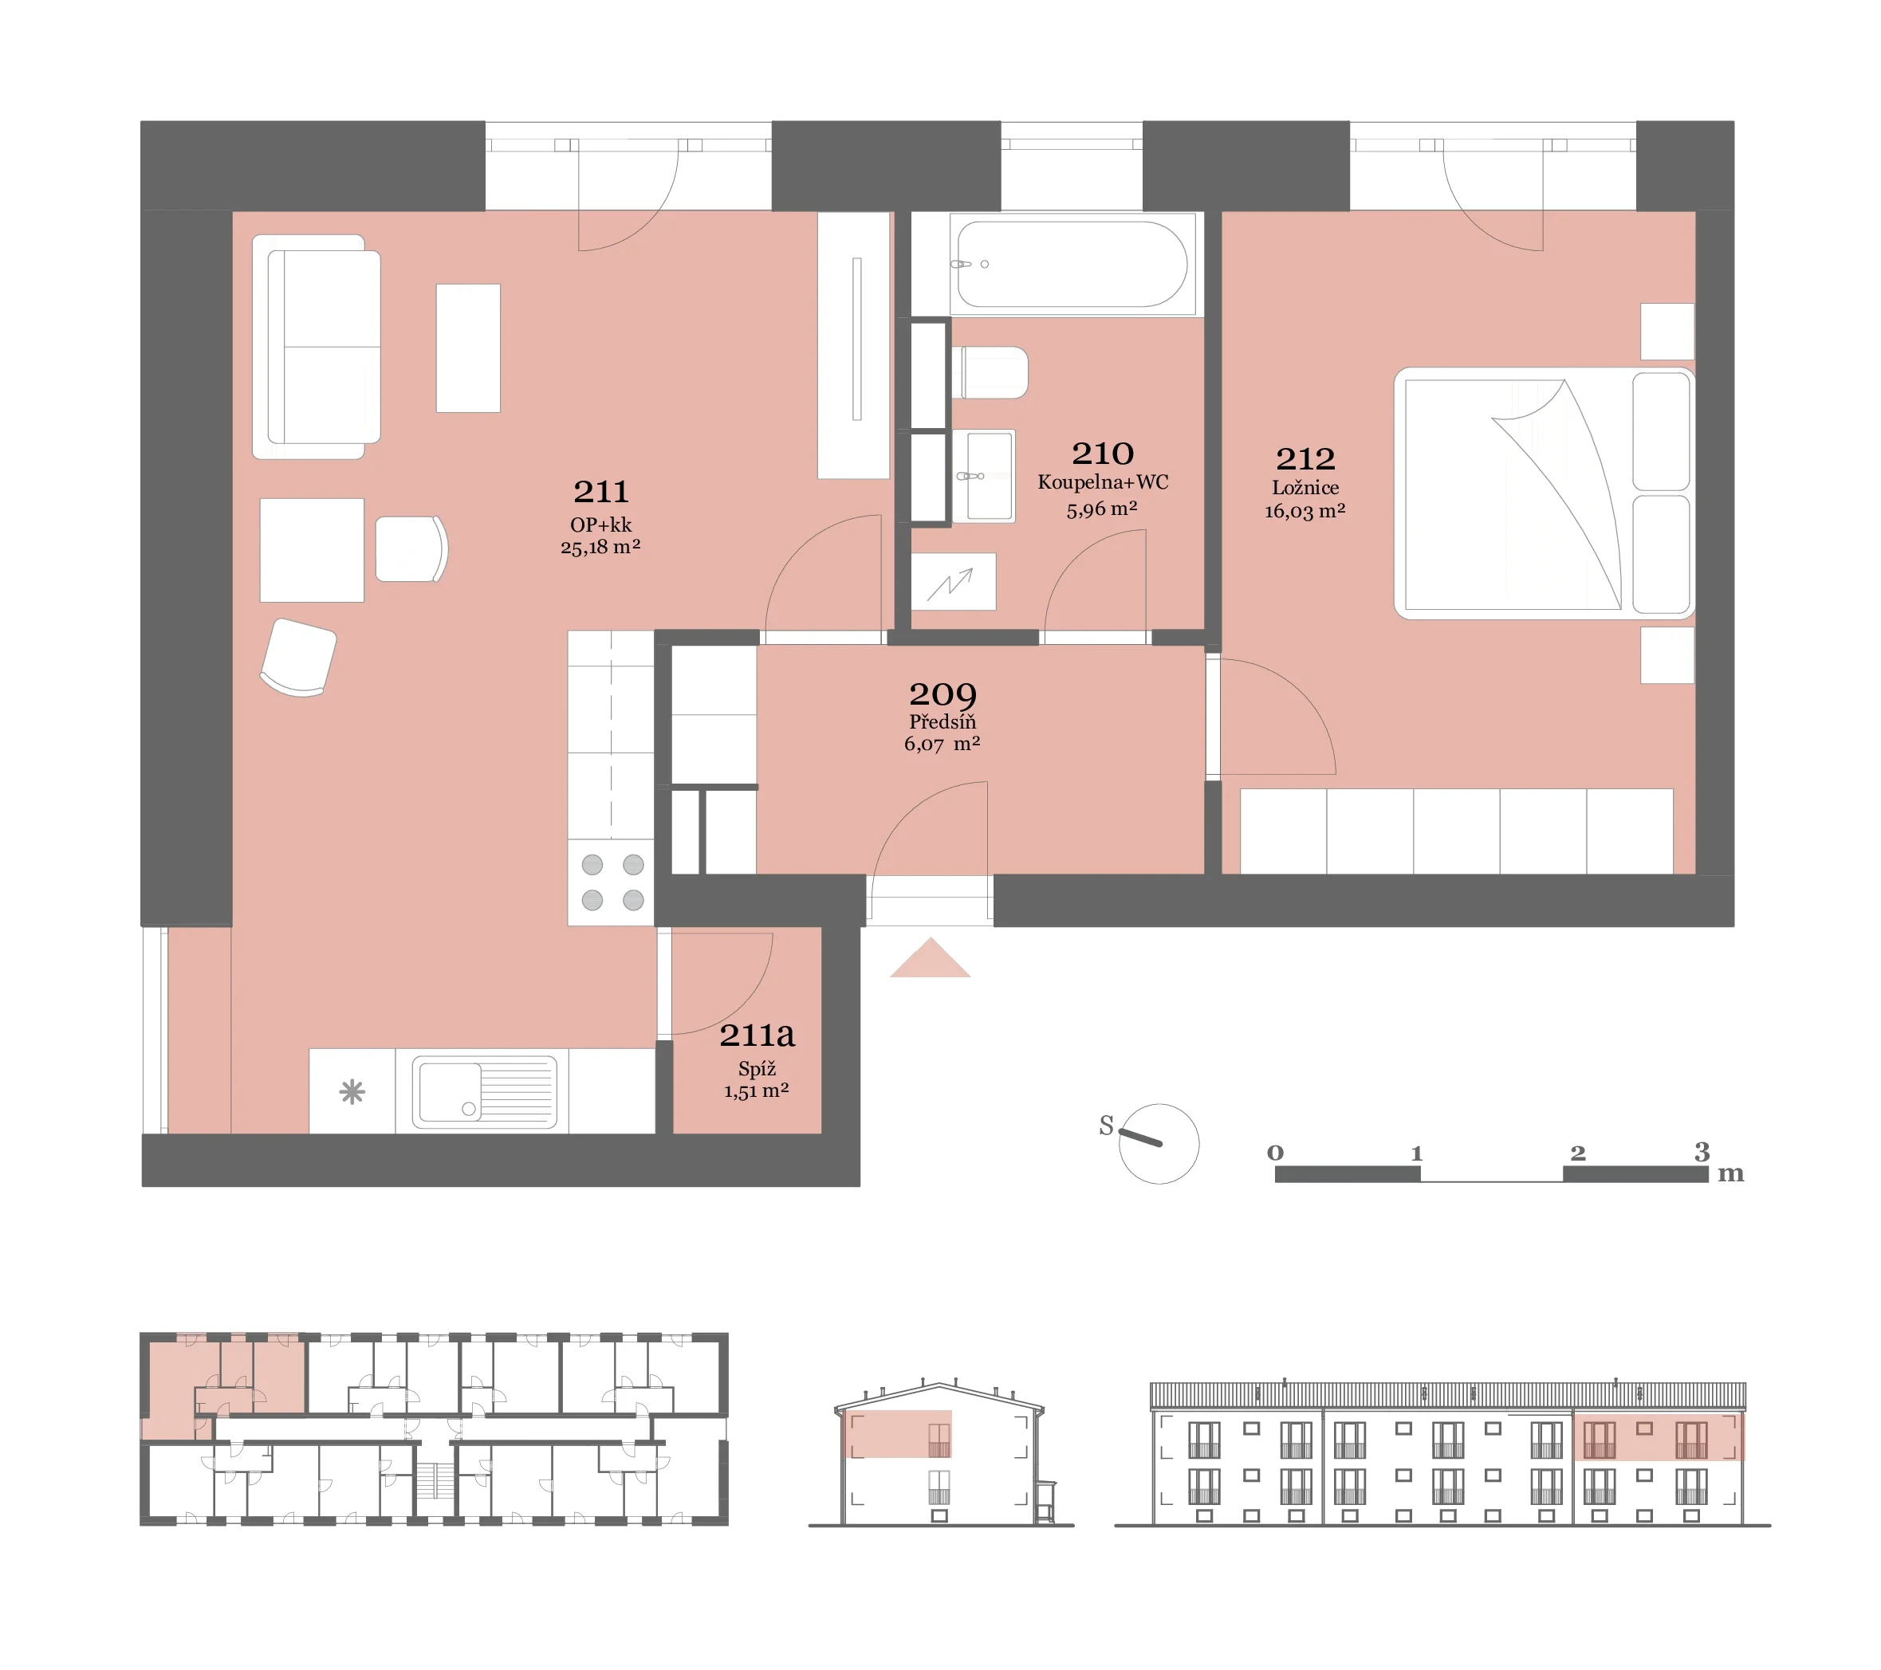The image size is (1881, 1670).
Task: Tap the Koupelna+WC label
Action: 1103,482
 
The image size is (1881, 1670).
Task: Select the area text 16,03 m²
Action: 1305,512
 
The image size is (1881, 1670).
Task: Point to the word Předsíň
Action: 942,721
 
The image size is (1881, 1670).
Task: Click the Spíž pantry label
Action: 757,1068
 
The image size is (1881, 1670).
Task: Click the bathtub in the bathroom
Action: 1072,264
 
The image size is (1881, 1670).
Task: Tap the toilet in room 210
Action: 990,372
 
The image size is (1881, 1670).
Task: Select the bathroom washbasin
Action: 984,476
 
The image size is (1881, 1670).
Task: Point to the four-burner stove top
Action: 612,882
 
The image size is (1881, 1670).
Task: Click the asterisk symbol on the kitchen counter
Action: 352,1092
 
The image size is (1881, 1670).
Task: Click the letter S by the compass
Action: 1106,1126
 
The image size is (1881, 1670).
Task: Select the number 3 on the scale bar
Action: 1702,1151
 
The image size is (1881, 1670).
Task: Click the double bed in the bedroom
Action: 1545,493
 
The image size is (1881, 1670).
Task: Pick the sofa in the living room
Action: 317,347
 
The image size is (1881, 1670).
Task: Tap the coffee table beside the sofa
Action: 467,348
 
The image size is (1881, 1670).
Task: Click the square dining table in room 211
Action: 312,550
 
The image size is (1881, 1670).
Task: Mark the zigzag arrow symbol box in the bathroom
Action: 954,581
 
